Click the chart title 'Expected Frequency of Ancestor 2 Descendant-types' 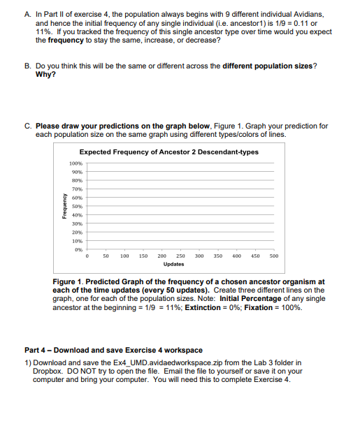pyautogui.click(x=168, y=152)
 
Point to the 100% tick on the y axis pyautogui.click(x=75, y=163)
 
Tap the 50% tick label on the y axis pyautogui.click(x=77, y=207)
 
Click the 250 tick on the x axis pyautogui.click(x=180, y=256)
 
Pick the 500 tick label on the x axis pyautogui.click(x=273, y=256)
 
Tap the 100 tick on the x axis pyautogui.click(x=124, y=256)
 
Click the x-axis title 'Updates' pyautogui.click(x=174, y=265)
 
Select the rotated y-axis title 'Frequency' pyautogui.click(x=64, y=207)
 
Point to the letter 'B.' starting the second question pyautogui.click(x=27, y=66)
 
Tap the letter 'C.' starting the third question pyautogui.click(x=27, y=126)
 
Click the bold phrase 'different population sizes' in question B pyautogui.click(x=267, y=66)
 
